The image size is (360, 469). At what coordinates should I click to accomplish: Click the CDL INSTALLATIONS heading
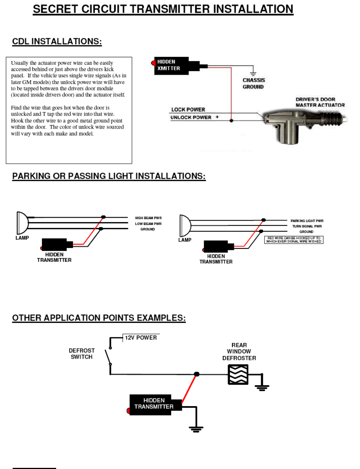pos(57,41)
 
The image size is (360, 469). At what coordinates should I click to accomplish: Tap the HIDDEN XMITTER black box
pos(171,66)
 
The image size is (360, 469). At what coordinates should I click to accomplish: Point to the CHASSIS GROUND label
pos(254,83)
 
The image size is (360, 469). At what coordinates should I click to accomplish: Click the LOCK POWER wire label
pos(188,110)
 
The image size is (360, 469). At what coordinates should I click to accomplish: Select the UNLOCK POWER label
pos(191,118)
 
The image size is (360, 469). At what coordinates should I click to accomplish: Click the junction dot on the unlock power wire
pos(231,121)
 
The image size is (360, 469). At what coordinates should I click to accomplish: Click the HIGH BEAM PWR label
pos(148,218)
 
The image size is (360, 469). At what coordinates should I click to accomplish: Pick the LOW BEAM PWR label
pos(148,224)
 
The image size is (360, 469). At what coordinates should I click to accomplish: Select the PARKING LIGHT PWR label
pos(307,221)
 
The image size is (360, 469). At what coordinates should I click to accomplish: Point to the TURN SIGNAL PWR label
pos(307,226)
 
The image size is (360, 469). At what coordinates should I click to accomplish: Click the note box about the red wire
pos(294,240)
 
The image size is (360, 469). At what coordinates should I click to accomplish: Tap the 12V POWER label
pos(141,338)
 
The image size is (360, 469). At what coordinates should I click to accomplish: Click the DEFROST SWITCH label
pos(81,354)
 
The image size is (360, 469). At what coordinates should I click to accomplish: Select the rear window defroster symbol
pos(238,374)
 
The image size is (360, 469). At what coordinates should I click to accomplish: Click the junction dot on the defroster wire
pos(197,374)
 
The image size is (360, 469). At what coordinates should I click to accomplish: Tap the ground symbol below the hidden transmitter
pos(196,429)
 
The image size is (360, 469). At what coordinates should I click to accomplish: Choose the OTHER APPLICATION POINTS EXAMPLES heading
pos(99,318)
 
